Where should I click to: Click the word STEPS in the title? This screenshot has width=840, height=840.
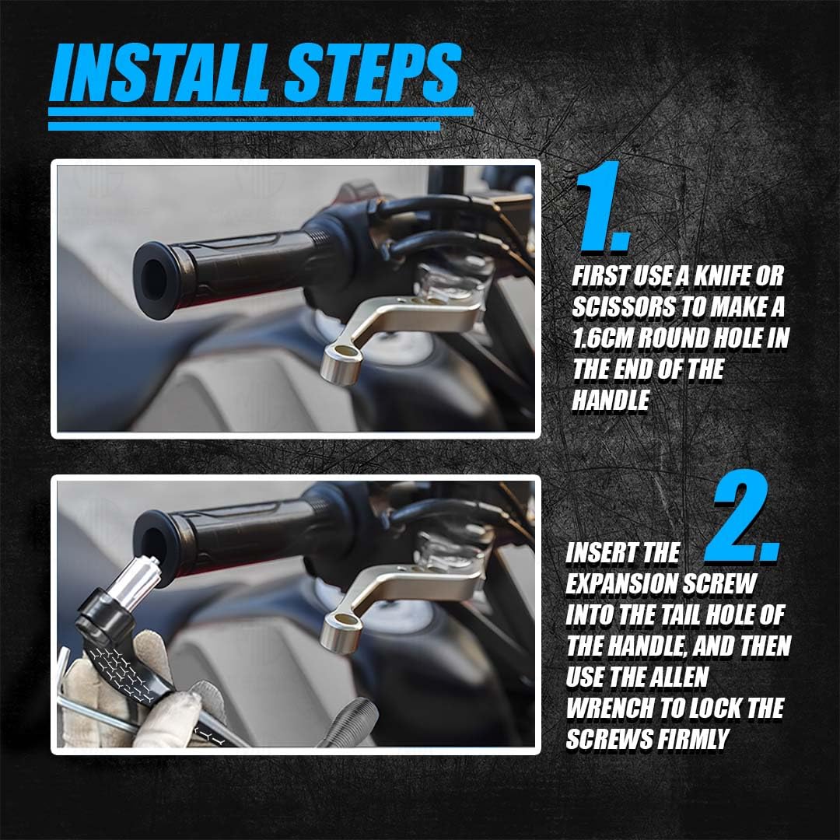[373, 72]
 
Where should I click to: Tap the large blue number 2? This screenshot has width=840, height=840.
[741, 516]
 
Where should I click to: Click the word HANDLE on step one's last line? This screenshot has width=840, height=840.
[611, 401]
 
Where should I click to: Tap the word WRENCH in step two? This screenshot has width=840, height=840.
[609, 709]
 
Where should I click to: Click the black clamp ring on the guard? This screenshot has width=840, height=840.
[105, 611]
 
